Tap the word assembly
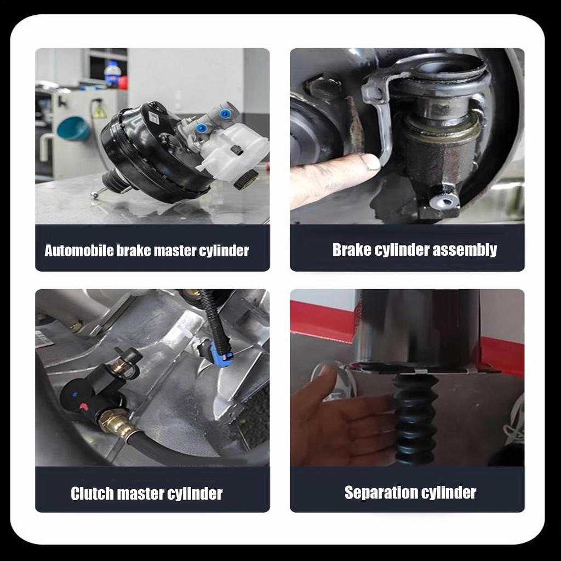click(x=465, y=250)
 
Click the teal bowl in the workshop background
click(x=73, y=129)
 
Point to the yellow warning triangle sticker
click(x=99, y=112)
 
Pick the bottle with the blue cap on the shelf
click(x=112, y=74)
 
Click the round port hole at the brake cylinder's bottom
click(x=444, y=202)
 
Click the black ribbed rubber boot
click(x=415, y=419)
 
